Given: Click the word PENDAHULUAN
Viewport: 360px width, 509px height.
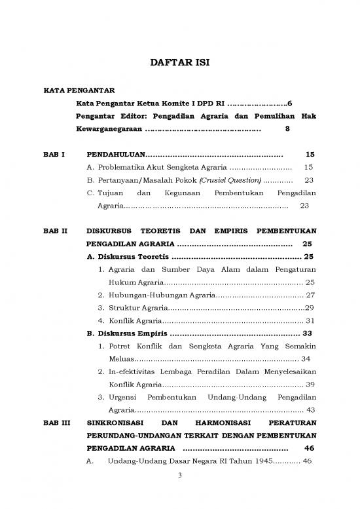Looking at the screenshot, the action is [115, 155].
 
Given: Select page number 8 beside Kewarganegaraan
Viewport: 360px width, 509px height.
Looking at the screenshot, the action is [287, 129].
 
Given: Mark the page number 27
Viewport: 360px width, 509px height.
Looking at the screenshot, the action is [311, 295].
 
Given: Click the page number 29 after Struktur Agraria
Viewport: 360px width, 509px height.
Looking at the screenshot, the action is [310, 308].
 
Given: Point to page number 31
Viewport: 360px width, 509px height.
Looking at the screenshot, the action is [311, 321].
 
